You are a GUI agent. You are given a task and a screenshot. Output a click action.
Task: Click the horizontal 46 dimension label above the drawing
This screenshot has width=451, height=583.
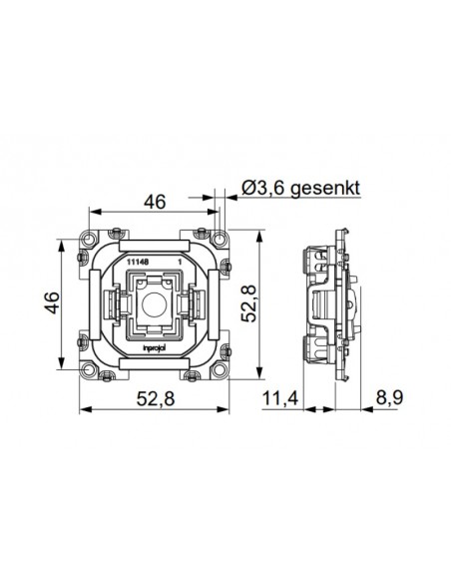click(x=155, y=202)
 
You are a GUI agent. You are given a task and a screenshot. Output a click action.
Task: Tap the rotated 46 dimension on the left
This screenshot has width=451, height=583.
click(x=53, y=302)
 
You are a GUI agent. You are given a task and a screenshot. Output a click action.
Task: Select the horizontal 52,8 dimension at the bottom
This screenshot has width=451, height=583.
click(x=156, y=399)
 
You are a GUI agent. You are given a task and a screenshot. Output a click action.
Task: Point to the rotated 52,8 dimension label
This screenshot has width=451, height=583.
click(x=248, y=303)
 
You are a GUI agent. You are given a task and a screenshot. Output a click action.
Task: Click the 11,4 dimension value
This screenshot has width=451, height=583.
click(x=280, y=399)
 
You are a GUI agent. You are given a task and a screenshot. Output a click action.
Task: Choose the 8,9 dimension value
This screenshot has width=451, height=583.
click(x=389, y=398)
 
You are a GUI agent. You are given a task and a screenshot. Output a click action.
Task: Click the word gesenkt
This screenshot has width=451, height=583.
click(x=325, y=188)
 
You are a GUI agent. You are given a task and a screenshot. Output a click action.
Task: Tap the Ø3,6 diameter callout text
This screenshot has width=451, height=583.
click(x=264, y=188)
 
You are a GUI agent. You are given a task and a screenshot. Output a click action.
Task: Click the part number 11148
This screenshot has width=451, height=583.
click(x=138, y=262)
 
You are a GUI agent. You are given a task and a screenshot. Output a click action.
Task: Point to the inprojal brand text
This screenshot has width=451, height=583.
click(x=155, y=347)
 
